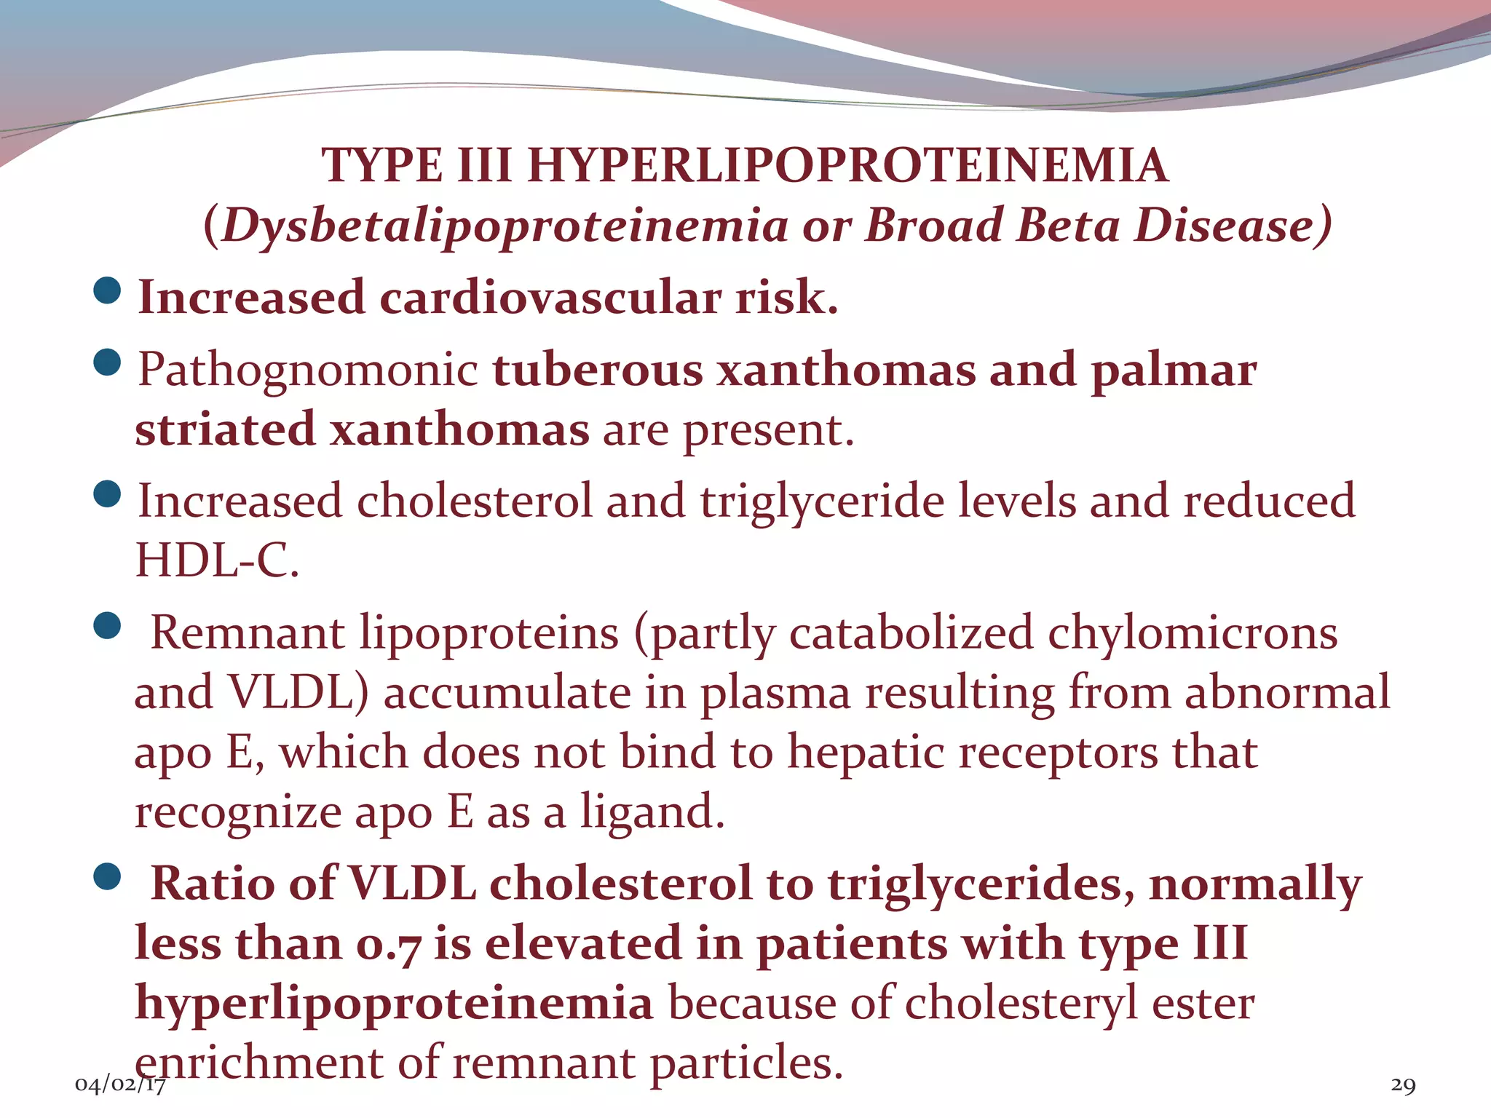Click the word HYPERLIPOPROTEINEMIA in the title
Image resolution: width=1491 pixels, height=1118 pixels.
point(847,166)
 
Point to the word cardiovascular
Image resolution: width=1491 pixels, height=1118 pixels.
point(550,298)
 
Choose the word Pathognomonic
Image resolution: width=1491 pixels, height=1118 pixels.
point(307,369)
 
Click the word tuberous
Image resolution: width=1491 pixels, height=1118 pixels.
point(597,369)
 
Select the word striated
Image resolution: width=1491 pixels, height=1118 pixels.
point(225,429)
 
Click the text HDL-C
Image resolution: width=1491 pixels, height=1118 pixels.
point(217,560)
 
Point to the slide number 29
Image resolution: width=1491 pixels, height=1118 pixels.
point(1403,1085)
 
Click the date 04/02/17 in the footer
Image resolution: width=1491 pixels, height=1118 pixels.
point(120,1085)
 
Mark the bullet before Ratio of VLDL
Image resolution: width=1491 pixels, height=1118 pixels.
point(108,877)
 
